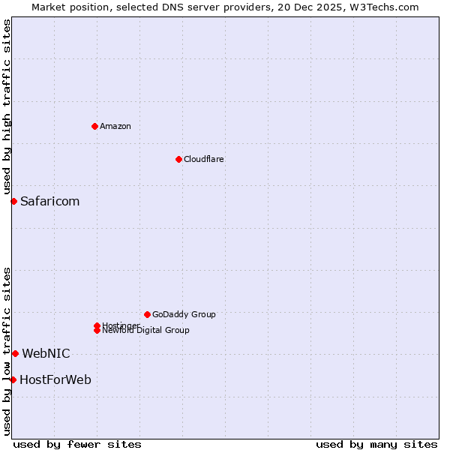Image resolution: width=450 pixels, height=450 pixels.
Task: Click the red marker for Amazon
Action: point(94,126)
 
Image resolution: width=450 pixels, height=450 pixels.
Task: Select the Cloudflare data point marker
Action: point(178,159)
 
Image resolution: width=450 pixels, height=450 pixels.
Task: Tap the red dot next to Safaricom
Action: point(13,201)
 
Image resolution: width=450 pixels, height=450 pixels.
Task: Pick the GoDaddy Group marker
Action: point(147,314)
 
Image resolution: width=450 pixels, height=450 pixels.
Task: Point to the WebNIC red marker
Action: point(15,353)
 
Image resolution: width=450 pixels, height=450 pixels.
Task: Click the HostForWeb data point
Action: point(13,379)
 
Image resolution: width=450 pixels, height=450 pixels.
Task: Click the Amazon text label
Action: point(115,126)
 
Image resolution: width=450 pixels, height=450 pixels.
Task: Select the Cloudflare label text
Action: point(204,159)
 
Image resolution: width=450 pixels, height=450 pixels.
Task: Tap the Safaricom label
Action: point(49,201)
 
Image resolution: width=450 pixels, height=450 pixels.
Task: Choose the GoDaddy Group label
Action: point(184,314)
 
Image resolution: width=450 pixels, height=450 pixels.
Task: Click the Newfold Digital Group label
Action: point(145,331)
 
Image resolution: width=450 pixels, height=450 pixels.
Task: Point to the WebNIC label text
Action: point(46,353)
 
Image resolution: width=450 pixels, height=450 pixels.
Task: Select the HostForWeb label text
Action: point(55,379)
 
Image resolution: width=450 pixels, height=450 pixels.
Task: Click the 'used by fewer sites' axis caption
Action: point(77,444)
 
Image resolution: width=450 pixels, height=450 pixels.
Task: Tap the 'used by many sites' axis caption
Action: point(376,444)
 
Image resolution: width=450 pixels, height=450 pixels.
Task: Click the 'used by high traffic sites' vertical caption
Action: point(7,106)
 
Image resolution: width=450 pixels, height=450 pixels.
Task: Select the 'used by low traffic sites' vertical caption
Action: point(7,350)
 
